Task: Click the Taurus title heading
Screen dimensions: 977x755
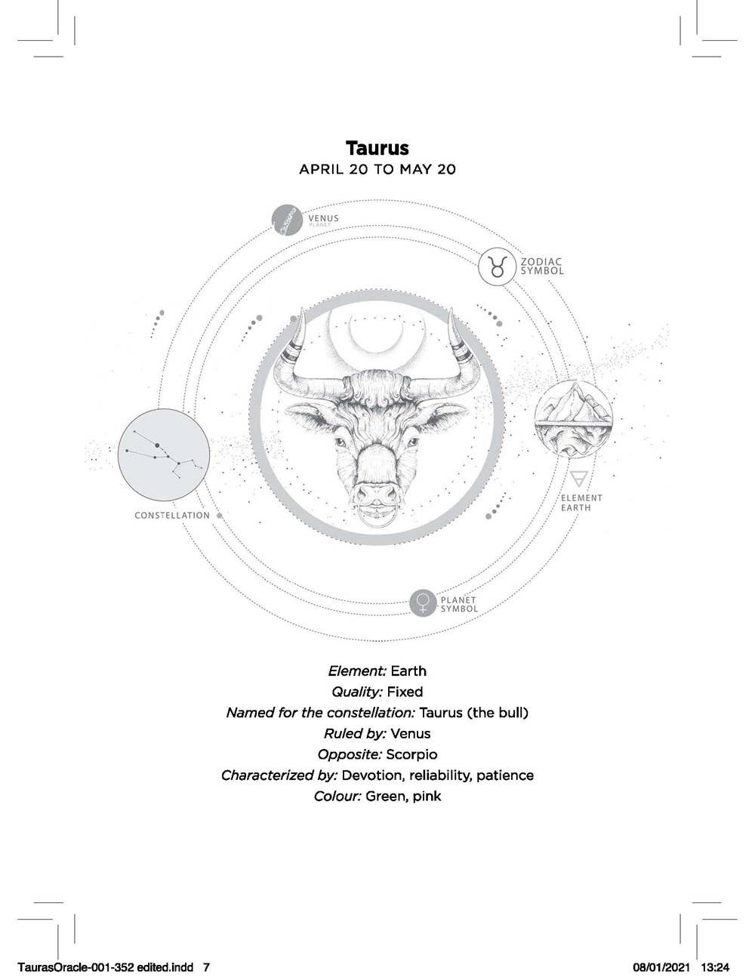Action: [x=377, y=147]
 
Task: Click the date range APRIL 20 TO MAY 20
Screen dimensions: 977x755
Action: [x=377, y=169]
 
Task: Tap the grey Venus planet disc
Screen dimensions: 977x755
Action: [x=287, y=221]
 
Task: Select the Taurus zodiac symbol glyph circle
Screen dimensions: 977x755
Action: [x=497, y=267]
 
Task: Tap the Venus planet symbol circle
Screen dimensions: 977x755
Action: [x=424, y=603]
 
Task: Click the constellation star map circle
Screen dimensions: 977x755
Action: [x=164, y=454]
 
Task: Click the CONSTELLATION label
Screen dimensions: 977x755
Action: [x=172, y=516]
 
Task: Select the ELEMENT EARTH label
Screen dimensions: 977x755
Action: [x=581, y=503]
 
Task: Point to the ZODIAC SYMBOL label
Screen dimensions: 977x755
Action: [x=541, y=267]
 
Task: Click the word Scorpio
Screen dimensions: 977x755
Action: [x=411, y=754]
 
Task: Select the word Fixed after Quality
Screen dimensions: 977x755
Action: [x=405, y=692]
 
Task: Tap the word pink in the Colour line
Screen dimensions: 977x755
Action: [x=427, y=797]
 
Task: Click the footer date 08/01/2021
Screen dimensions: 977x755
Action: [x=658, y=967]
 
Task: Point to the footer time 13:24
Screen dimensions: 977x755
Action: [x=715, y=967]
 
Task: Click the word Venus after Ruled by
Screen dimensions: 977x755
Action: [x=411, y=733]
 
